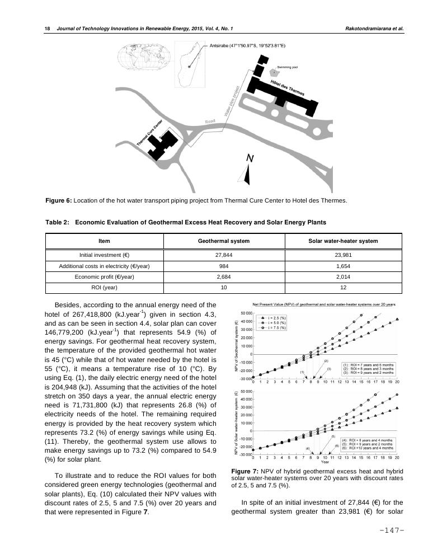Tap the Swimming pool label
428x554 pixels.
point(287,67)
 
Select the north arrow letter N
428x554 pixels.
point(251,159)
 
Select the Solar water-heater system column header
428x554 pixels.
point(343,241)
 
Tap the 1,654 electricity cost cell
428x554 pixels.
point(343,265)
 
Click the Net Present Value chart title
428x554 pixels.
point(324,304)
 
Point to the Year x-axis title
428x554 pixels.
point(324,462)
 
